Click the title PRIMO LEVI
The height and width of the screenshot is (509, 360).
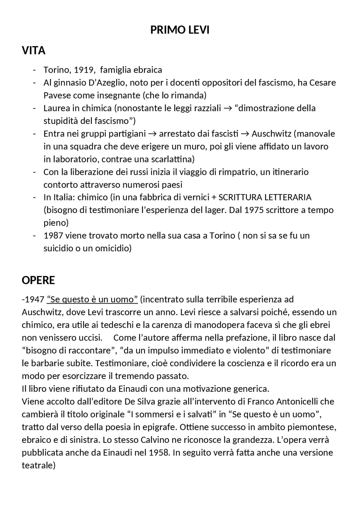tap(180, 30)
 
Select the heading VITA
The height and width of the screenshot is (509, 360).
tap(33, 51)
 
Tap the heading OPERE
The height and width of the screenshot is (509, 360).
tap(38, 280)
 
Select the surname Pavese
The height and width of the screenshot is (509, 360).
tap(57, 96)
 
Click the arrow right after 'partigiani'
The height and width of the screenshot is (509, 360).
tap(152, 134)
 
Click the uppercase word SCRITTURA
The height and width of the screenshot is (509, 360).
tap(240, 198)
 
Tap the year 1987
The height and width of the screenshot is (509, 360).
tap(53, 236)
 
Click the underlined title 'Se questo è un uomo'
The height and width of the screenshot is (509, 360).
tap(92, 300)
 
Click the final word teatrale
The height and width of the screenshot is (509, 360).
tap(38, 465)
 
